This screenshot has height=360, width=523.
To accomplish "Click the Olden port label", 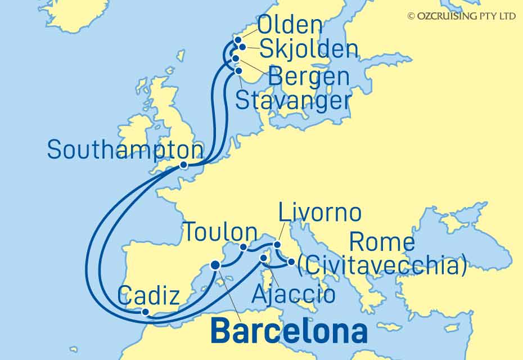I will pyautogui.click(x=291, y=25).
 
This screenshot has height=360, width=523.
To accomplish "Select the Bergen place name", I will pyautogui.click(x=308, y=76).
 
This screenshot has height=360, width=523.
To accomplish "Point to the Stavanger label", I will pyautogui.click(x=293, y=101).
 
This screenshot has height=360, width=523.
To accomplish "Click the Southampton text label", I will pyautogui.click(x=125, y=150).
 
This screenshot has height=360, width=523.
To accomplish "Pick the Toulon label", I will pyautogui.click(x=220, y=232).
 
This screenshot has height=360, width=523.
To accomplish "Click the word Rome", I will pyautogui.click(x=382, y=242).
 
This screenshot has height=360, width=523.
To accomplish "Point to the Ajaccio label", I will pyautogui.click(x=294, y=294).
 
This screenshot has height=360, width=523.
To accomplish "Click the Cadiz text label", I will pyautogui.click(x=149, y=294).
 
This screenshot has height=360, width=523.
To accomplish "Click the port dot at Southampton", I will pyautogui.click(x=184, y=165).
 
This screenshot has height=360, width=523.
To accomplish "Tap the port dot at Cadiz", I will pyautogui.click(x=145, y=312).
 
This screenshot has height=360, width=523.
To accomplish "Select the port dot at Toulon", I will pyautogui.click(x=244, y=247).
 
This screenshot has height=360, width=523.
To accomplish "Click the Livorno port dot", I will pyautogui.click(x=277, y=244).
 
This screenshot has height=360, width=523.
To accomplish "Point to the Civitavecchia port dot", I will pyautogui.click(x=291, y=262).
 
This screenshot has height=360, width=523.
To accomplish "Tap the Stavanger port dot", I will pyautogui.click(x=238, y=71).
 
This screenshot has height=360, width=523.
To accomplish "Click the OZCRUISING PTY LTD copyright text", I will pyautogui.click(x=461, y=16).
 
